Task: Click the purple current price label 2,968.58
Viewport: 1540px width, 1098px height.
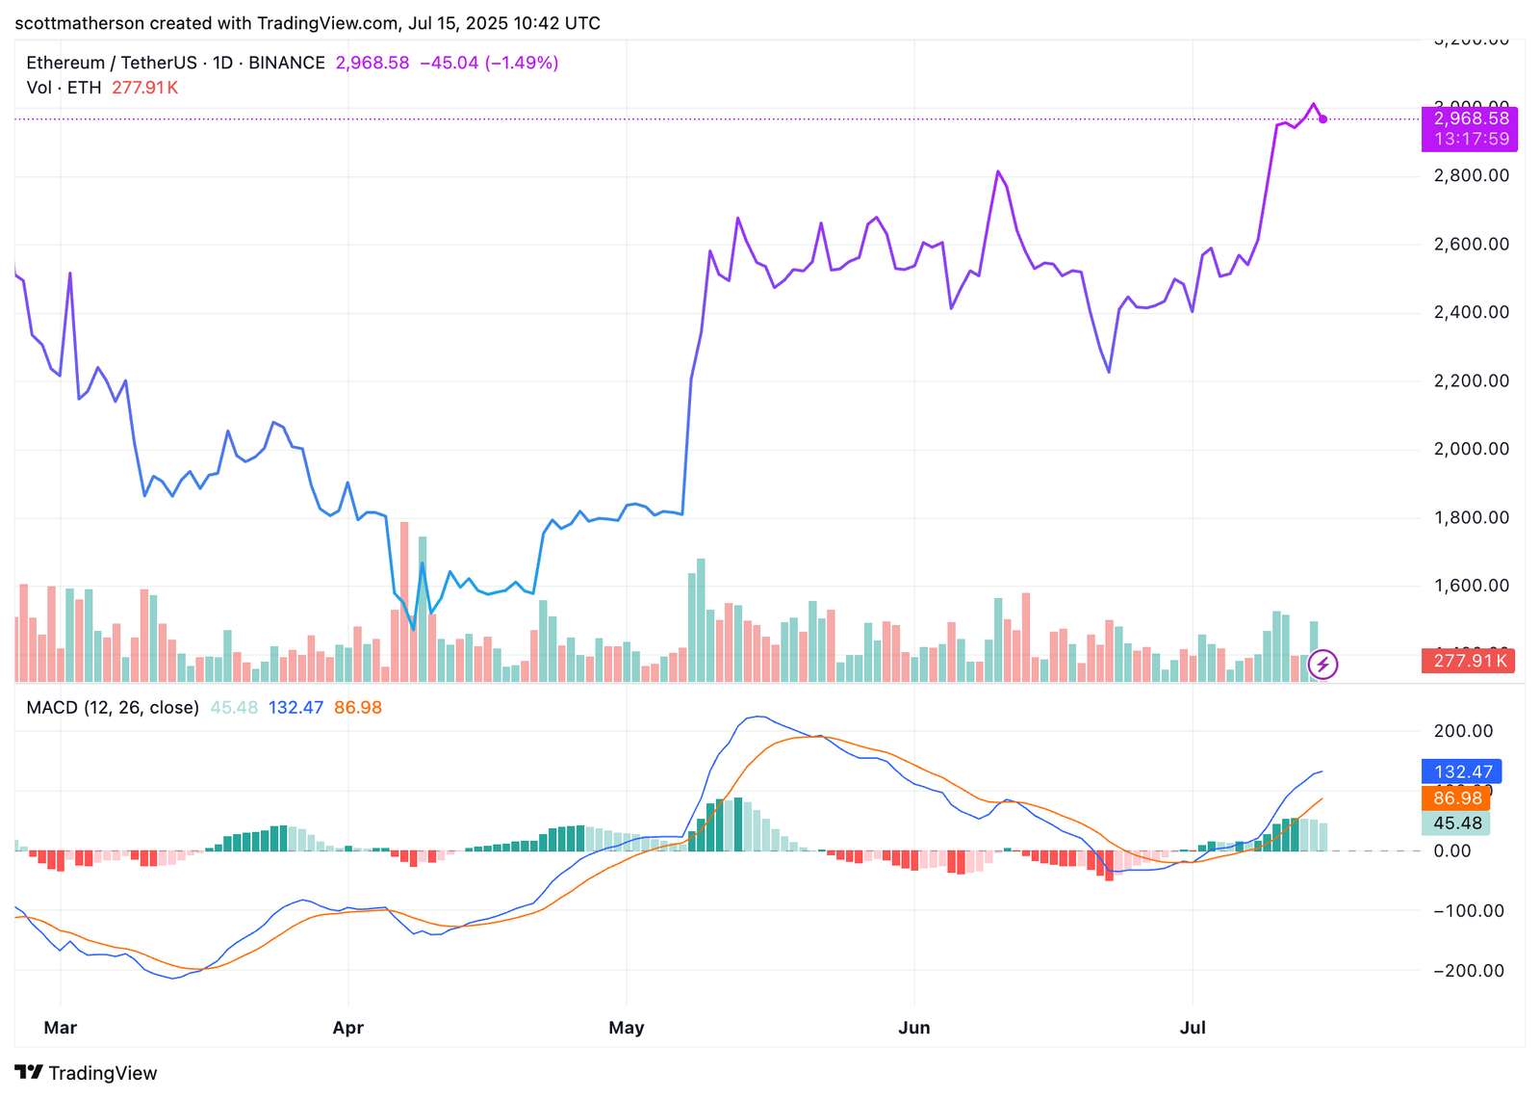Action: coord(1471,119)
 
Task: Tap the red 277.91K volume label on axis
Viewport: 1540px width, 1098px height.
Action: coord(1467,661)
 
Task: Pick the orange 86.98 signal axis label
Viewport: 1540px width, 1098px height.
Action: coord(1457,797)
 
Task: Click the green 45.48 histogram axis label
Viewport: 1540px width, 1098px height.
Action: coord(1457,823)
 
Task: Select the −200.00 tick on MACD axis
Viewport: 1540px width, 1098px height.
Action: coord(1468,971)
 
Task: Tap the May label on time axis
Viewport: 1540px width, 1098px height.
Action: coord(627,1028)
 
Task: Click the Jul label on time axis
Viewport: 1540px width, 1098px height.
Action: coord(1193,1028)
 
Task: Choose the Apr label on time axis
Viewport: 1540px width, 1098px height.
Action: coord(347,1028)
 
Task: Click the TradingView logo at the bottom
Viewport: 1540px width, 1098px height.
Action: coord(87,1073)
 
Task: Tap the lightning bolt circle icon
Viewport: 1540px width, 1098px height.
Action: coord(1322,664)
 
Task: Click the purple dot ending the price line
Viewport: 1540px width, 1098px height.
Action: coord(1323,119)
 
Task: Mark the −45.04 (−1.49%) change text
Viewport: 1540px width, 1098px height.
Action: coord(489,63)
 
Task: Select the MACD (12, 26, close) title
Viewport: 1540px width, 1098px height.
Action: coord(113,708)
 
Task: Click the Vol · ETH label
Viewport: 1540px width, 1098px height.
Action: coord(64,88)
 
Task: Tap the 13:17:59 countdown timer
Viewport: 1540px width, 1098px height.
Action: coord(1471,139)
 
